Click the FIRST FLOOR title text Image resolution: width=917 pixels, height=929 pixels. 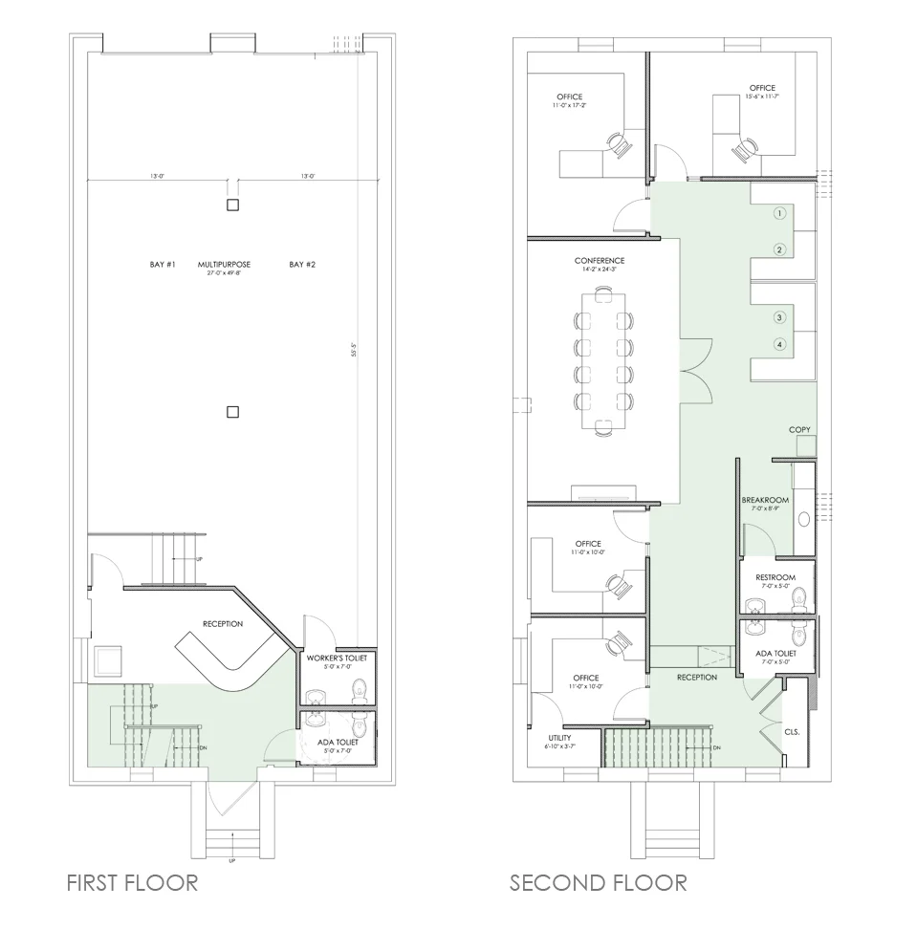pos(132,881)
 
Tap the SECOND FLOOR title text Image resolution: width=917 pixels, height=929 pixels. pos(598,881)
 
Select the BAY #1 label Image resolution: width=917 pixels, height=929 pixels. pos(164,264)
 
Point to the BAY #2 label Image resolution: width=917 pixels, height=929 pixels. pos(302,264)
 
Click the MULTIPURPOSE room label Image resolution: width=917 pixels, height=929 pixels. pos(225,264)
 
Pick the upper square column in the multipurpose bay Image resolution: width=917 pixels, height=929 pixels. pos(231,205)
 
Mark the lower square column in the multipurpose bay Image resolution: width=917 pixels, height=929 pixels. pos(231,412)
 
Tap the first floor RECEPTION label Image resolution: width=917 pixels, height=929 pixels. pos(223,624)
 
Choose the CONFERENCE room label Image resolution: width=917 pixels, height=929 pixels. pos(600,261)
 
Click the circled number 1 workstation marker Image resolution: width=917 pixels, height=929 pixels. pos(780,213)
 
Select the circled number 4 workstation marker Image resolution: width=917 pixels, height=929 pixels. pos(780,344)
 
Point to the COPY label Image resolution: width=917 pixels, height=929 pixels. pos(799,430)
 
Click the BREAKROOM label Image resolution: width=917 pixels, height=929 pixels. pos(765,500)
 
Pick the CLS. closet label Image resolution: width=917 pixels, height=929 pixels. pos(792,731)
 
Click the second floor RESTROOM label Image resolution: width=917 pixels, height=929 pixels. pos(775,577)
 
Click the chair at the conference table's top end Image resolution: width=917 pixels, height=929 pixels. pos(604,294)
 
